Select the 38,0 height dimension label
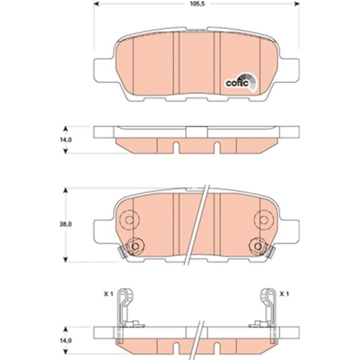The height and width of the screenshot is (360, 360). (x=65, y=225)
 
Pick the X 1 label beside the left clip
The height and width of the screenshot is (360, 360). (x=108, y=294)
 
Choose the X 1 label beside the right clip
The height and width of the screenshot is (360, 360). (x=285, y=294)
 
